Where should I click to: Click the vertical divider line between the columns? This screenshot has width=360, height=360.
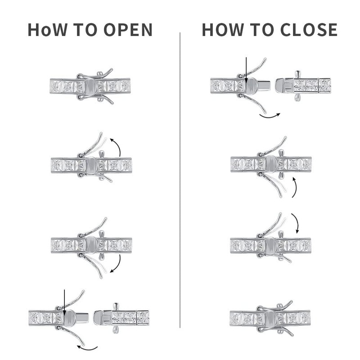[x=180, y=180]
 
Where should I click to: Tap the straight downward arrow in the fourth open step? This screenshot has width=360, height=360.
[x=64, y=302]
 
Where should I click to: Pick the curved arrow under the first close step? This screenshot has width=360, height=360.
[x=270, y=116]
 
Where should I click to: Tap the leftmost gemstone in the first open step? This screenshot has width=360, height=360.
[x=56, y=86]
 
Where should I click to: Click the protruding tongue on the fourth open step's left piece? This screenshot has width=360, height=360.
[x=83, y=317]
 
